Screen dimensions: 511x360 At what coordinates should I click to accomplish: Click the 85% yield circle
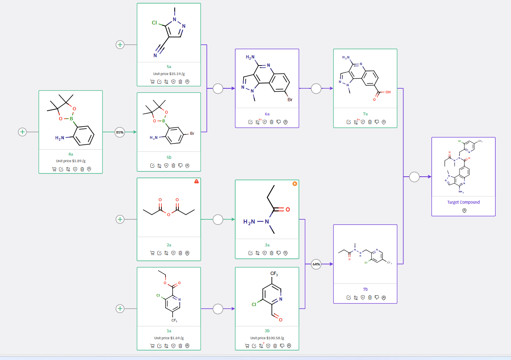click(120, 132)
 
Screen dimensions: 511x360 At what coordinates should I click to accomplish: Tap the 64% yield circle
click(316, 264)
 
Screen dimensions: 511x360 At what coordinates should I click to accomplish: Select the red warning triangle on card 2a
click(196, 181)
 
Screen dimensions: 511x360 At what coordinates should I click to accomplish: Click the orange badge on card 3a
click(295, 183)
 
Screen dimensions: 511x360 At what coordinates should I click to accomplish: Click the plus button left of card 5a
click(120, 44)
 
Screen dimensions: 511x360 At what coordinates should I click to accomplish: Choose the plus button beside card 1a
click(120, 309)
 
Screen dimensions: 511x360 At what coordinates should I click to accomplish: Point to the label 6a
click(267, 114)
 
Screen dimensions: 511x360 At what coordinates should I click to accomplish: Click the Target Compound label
click(463, 202)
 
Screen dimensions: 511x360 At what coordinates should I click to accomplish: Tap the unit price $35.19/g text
click(169, 73)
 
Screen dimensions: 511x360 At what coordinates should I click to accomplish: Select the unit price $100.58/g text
click(267, 338)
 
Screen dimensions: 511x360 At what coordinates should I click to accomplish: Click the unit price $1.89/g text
click(71, 161)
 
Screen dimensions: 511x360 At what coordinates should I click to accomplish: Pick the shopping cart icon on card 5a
click(152, 82)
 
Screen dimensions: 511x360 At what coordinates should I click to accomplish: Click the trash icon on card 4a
click(82, 169)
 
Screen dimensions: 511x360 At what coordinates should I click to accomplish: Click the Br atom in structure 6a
click(290, 100)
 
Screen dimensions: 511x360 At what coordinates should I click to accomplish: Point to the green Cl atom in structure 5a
click(154, 23)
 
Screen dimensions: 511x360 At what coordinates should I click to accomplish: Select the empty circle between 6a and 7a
click(316, 88)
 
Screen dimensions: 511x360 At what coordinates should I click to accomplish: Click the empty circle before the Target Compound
click(414, 177)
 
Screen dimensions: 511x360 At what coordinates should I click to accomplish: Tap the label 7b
click(365, 289)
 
